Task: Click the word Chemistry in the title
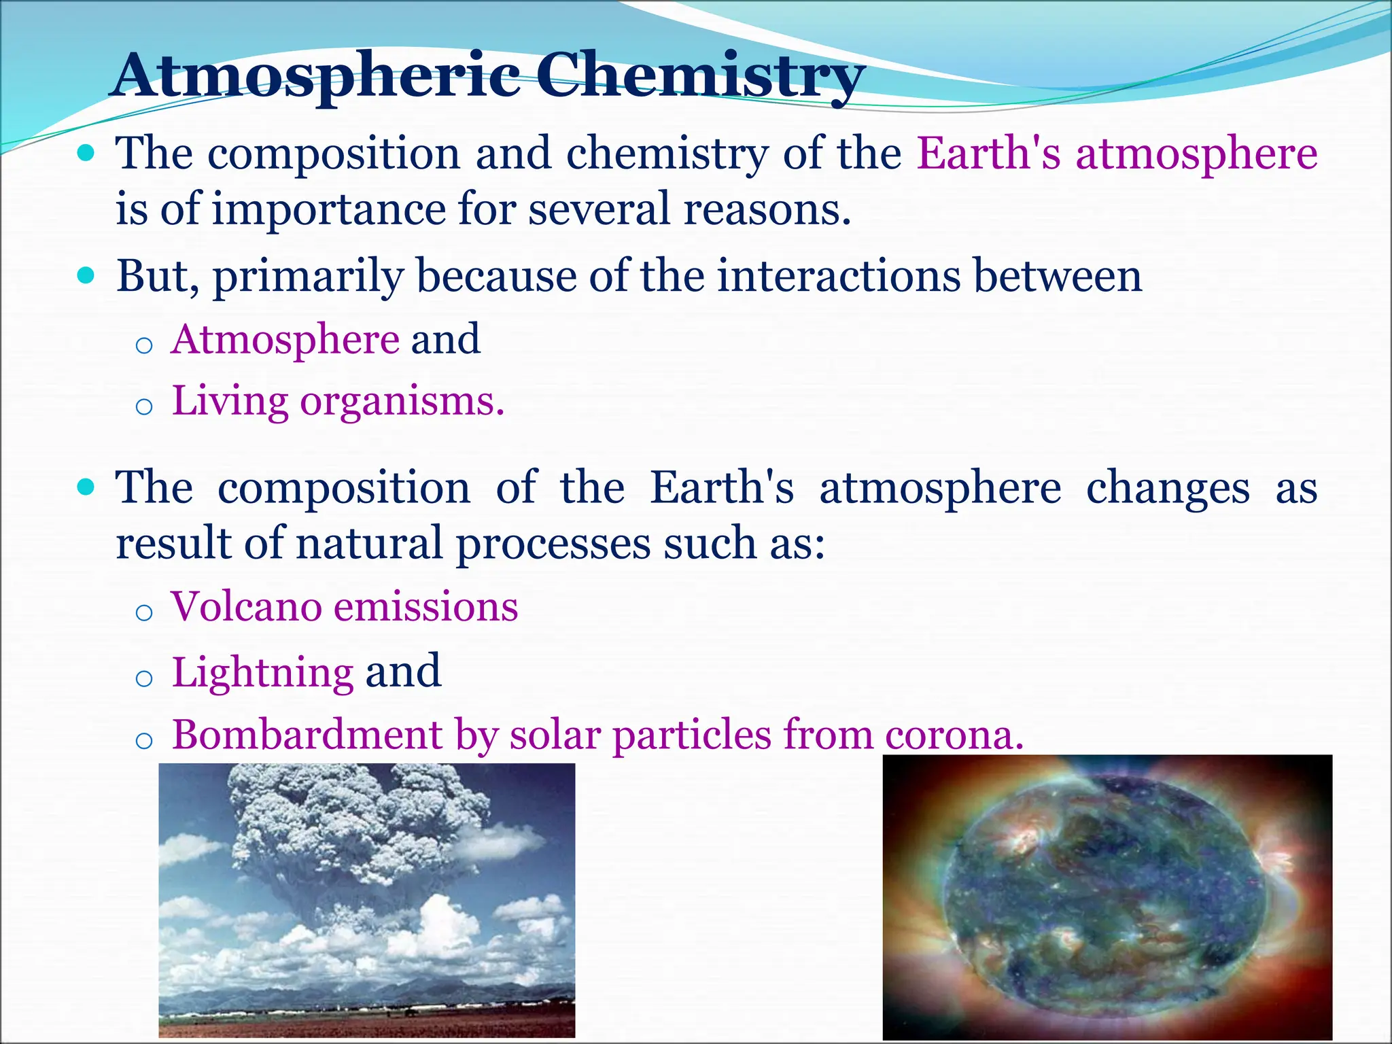click(x=700, y=76)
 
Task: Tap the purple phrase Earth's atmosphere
click(x=1117, y=154)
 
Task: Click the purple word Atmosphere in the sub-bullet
click(x=285, y=339)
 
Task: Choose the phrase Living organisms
click(x=338, y=401)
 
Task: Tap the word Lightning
click(x=262, y=672)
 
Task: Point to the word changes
click(x=1167, y=488)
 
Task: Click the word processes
click(x=553, y=544)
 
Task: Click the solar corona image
click(x=1107, y=897)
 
